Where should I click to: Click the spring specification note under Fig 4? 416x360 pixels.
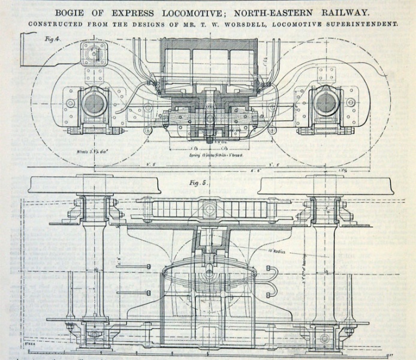pyautogui.click(x=207, y=155)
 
